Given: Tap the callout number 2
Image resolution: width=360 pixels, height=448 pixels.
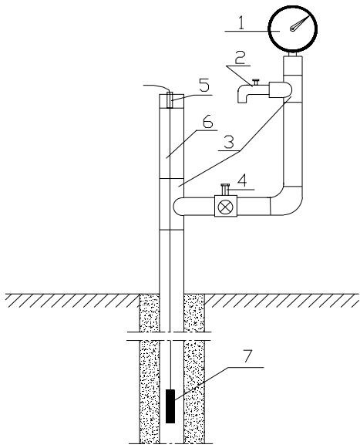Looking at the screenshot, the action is tap(241, 58).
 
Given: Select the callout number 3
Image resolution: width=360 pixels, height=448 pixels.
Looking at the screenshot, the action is tap(229, 142).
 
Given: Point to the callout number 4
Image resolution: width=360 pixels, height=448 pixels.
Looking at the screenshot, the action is tap(242, 181).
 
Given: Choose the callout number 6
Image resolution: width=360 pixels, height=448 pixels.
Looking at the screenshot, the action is tap(207, 123).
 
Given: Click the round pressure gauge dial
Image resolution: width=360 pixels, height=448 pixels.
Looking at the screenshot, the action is tap(292, 29).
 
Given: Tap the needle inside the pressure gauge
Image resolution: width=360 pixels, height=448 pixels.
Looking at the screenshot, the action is tap(299, 22).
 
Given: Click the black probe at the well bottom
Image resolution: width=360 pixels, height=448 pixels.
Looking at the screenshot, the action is tap(170, 406).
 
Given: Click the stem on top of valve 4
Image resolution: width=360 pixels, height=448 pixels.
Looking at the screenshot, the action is tap(225, 190).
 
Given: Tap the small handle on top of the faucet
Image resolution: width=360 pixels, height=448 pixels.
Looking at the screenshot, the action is tap(256, 82).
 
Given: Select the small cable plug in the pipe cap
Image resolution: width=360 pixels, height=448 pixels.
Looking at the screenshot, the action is tap(170, 100).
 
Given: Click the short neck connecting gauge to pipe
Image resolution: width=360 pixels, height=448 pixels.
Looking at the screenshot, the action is tap(292, 54).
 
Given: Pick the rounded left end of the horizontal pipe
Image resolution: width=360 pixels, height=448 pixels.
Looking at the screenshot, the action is tap(178, 207).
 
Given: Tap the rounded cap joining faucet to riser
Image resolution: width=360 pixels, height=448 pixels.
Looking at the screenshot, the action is tap(281, 89).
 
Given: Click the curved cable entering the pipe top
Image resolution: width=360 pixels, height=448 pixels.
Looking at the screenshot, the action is tap(156, 86).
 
